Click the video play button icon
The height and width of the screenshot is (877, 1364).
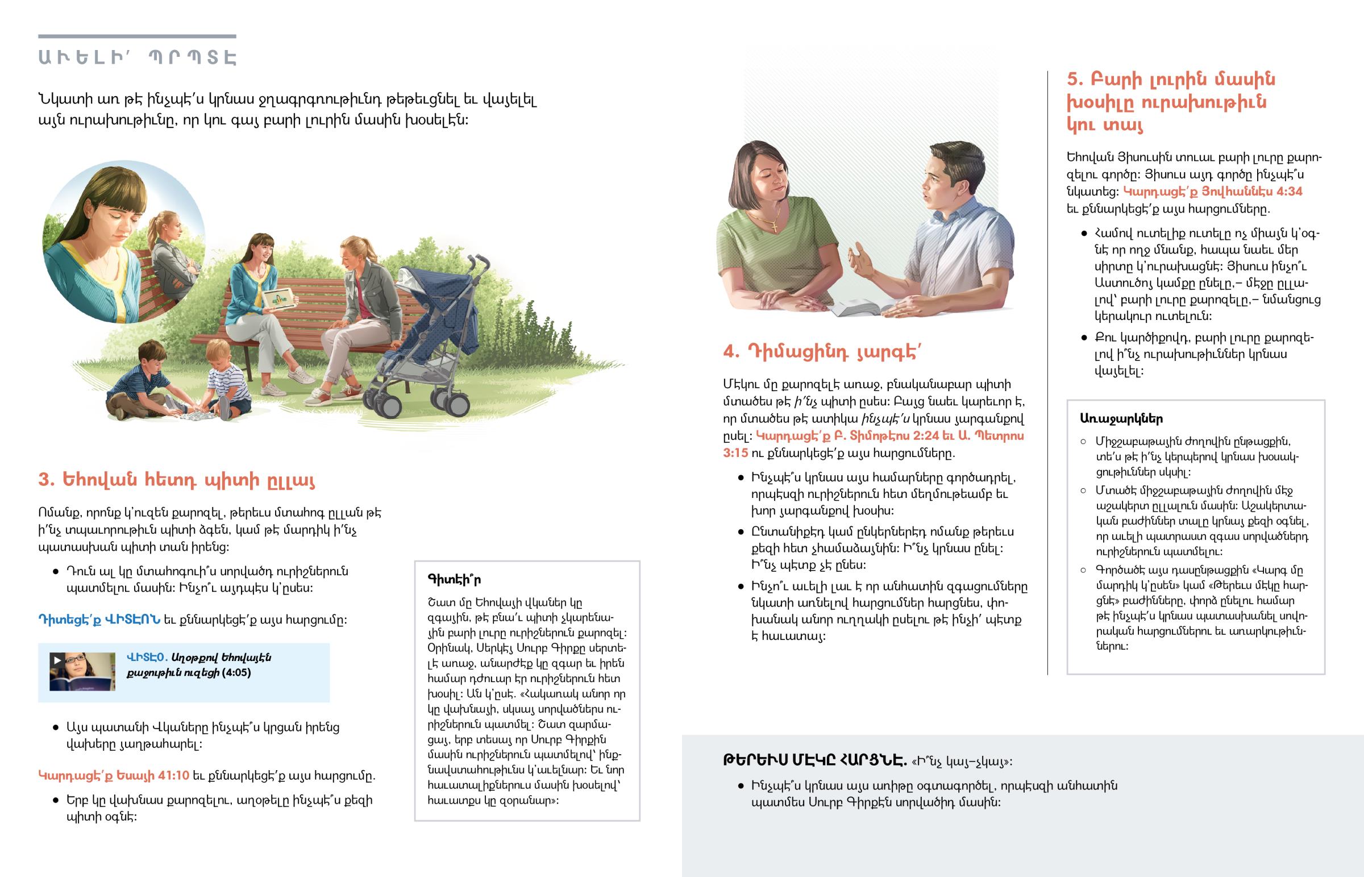(x=57, y=660)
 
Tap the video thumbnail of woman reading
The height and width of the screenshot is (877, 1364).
(x=82, y=672)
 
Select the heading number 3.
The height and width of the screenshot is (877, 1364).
(x=45, y=480)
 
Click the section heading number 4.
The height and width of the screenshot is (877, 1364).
(x=731, y=351)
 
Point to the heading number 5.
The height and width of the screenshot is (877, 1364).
(x=1074, y=79)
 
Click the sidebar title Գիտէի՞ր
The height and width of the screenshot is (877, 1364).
(x=454, y=579)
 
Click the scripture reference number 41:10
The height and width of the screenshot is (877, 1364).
(x=174, y=776)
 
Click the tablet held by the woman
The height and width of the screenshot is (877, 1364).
(x=279, y=298)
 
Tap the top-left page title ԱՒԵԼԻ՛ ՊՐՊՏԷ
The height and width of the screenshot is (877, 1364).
(x=137, y=57)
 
